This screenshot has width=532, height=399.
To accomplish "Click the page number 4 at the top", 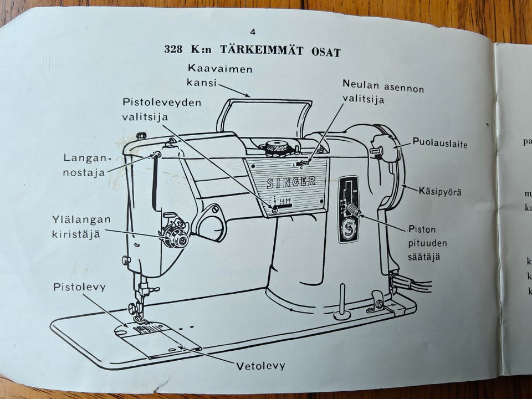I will [253, 32].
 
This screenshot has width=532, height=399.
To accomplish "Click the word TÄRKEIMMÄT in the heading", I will [263, 51].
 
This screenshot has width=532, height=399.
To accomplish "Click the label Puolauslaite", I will [440, 144].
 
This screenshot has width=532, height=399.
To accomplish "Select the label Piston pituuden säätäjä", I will [427, 242].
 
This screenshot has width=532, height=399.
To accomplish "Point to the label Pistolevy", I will [79, 287].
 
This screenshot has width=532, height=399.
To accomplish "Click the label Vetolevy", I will [260, 366].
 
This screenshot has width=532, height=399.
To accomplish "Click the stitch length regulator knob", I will [353, 210].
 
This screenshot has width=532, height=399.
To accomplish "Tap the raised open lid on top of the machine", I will [265, 116].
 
